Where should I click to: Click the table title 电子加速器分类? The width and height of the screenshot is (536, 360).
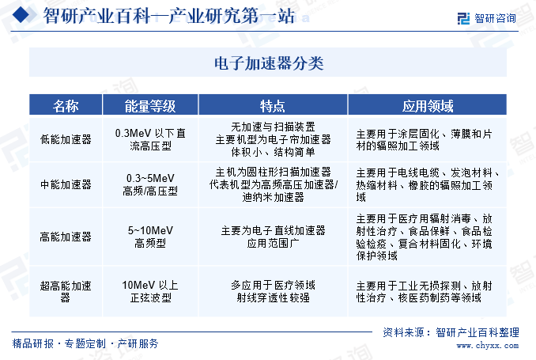coord(269,63)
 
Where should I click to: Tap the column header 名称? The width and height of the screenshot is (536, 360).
coord(66,106)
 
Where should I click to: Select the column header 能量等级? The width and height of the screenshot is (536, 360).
coord(150,106)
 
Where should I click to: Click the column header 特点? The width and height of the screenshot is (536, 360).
coord(273,106)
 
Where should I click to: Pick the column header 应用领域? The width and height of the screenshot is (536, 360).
coord(428,106)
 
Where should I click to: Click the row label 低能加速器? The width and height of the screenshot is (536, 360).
coord(66,139)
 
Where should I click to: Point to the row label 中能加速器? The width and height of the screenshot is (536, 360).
coord(66,184)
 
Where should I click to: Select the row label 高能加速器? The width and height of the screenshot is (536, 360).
coord(66,237)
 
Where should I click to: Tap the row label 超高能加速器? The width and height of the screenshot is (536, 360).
coord(66,291)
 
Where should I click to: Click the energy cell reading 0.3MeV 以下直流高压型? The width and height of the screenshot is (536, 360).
coord(150,139)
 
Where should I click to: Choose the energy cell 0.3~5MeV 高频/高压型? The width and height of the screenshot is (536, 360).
coord(150,184)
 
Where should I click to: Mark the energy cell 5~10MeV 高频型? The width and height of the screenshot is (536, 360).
coord(150,237)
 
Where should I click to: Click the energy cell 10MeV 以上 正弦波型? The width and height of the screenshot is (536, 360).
coord(150,291)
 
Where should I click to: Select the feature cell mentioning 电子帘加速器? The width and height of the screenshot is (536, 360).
coord(273,139)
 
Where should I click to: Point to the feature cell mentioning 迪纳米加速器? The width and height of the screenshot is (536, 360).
coord(273,184)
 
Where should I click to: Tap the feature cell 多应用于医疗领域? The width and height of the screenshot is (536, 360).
coord(273,291)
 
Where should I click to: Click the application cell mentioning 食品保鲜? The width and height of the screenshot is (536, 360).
coord(424,237)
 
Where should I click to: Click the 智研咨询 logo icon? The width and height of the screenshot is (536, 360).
coord(463,18)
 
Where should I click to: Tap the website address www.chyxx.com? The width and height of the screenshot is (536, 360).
coord(488,346)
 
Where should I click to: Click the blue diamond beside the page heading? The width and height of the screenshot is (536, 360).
coord(21,14)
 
